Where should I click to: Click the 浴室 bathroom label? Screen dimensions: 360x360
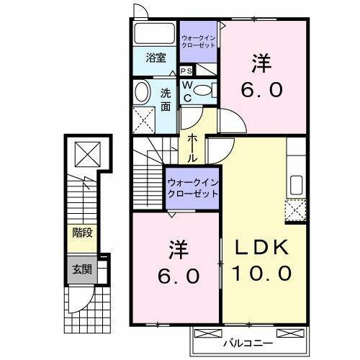[156, 58]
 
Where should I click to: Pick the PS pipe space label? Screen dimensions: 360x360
[186, 71]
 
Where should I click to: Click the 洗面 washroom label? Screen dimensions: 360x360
[166, 98]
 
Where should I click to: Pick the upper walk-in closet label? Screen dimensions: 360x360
[198, 41]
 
